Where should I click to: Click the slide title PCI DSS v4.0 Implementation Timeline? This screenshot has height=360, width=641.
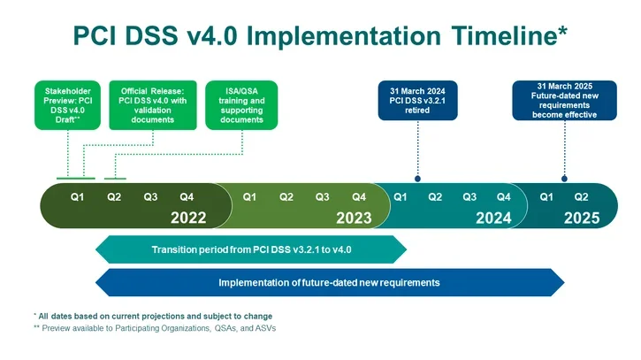[320, 34]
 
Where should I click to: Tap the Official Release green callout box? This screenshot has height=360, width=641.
[153, 105]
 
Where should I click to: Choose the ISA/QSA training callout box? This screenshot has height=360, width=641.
[241, 105]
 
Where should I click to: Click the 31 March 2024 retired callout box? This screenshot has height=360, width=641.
[416, 102]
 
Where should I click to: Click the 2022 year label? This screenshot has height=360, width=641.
[188, 218]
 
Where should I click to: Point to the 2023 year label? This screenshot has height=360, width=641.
[355, 218]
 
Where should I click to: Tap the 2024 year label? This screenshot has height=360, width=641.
[493, 218]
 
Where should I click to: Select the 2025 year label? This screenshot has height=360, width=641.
[582, 218]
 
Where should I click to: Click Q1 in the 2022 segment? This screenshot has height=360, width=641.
[78, 196]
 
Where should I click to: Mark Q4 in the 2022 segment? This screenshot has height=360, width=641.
[187, 196]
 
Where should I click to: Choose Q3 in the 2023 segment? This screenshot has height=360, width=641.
[323, 196]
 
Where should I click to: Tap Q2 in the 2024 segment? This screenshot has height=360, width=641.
[435, 196]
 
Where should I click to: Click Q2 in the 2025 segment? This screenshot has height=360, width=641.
[582, 196]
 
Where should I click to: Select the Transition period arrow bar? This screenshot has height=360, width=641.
[251, 250]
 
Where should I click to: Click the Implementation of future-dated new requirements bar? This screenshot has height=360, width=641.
[329, 282]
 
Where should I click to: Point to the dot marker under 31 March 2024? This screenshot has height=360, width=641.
[416, 178]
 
